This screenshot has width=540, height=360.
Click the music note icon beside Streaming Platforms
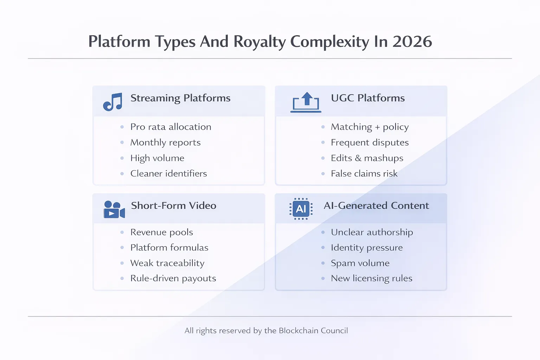(112, 102)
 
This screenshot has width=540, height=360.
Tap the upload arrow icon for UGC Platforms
(306, 102)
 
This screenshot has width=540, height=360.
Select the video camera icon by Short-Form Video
(114, 210)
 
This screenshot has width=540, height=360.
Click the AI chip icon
(301, 209)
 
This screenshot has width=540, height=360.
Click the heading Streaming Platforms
(180, 98)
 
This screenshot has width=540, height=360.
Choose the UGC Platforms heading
(368, 98)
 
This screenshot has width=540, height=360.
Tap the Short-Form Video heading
(174, 206)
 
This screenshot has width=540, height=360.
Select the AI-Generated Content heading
(376, 206)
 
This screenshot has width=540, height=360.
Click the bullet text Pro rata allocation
(171, 127)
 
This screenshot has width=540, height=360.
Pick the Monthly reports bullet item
(165, 142)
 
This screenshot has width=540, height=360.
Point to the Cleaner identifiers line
(168, 173)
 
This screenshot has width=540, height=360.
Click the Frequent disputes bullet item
(369, 142)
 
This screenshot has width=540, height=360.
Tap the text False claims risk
(364, 173)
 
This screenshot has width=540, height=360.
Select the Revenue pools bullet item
(161, 232)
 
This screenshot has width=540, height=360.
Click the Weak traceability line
(167, 263)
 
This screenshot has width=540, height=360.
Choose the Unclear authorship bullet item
(372, 232)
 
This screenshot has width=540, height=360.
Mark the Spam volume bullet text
(360, 263)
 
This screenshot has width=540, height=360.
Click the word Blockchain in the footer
(298, 330)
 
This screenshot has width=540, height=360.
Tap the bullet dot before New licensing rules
(323, 278)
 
